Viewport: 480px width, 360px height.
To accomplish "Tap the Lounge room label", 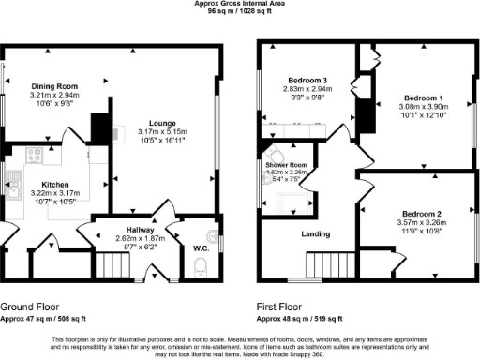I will tap(162, 122).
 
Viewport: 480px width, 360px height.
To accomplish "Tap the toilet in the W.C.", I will tap(198, 271).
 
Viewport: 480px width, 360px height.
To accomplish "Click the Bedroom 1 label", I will tap(424, 97).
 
